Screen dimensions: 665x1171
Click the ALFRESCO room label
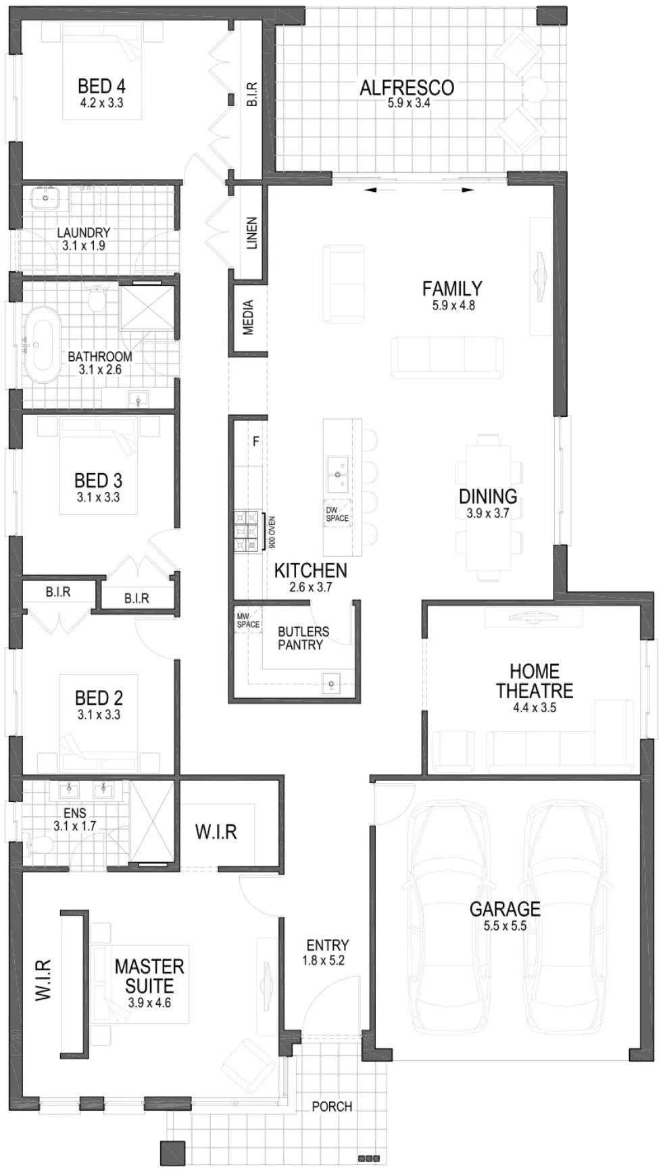(407, 87)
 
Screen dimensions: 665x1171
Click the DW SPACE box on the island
(337, 514)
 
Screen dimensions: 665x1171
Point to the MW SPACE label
(248, 620)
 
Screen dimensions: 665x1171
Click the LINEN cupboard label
(251, 233)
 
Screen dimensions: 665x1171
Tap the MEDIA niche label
(248, 318)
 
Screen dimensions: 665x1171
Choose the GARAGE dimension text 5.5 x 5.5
(505, 926)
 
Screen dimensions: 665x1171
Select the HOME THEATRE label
(535, 681)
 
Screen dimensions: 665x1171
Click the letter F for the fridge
(255, 442)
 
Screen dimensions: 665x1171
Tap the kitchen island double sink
(337, 474)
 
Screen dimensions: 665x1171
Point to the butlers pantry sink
(332, 683)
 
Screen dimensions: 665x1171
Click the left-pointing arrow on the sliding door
(370, 191)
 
